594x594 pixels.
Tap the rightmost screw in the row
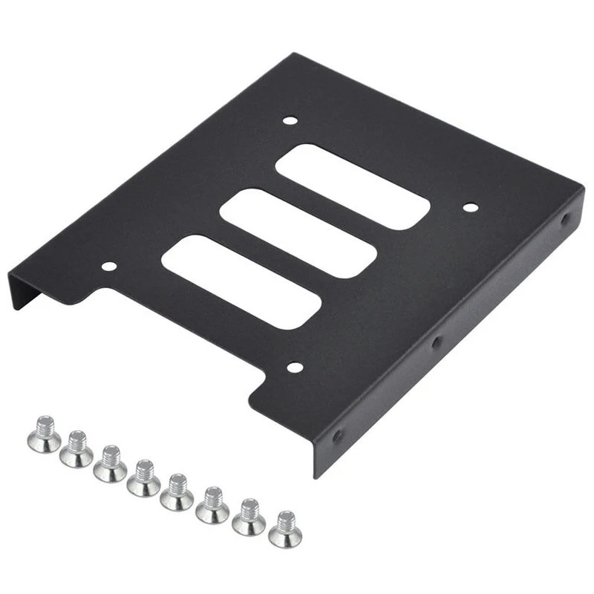[285, 529]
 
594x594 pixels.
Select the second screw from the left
[76, 450]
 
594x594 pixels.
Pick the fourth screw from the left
[144, 478]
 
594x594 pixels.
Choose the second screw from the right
[249, 517]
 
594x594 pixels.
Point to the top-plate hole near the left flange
[108, 266]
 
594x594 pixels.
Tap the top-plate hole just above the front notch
[295, 365]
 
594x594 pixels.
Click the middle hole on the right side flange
[437, 342]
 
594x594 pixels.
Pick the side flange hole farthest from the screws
[566, 221]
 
